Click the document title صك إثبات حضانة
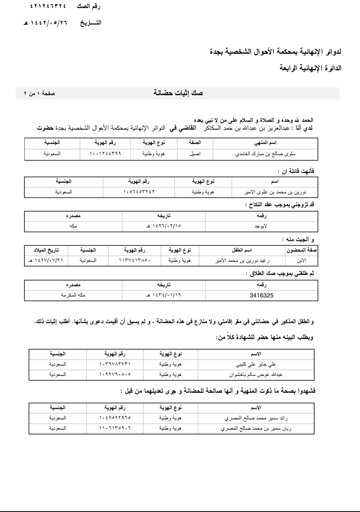(178, 93)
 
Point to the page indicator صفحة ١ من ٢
(39, 93)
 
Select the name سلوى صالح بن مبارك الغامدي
(265, 154)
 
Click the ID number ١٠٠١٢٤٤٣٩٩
(105, 154)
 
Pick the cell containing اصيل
(195, 154)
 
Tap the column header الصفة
(195, 143)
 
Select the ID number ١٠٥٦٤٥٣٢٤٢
(139, 192)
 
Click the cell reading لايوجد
(261, 226)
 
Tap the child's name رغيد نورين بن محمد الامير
(242, 260)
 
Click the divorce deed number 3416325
(261, 295)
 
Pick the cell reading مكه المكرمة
(73, 295)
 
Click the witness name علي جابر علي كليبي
(256, 364)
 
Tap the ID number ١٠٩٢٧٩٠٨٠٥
(115, 374)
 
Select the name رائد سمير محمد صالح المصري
(256, 418)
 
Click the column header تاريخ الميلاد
(46, 250)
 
